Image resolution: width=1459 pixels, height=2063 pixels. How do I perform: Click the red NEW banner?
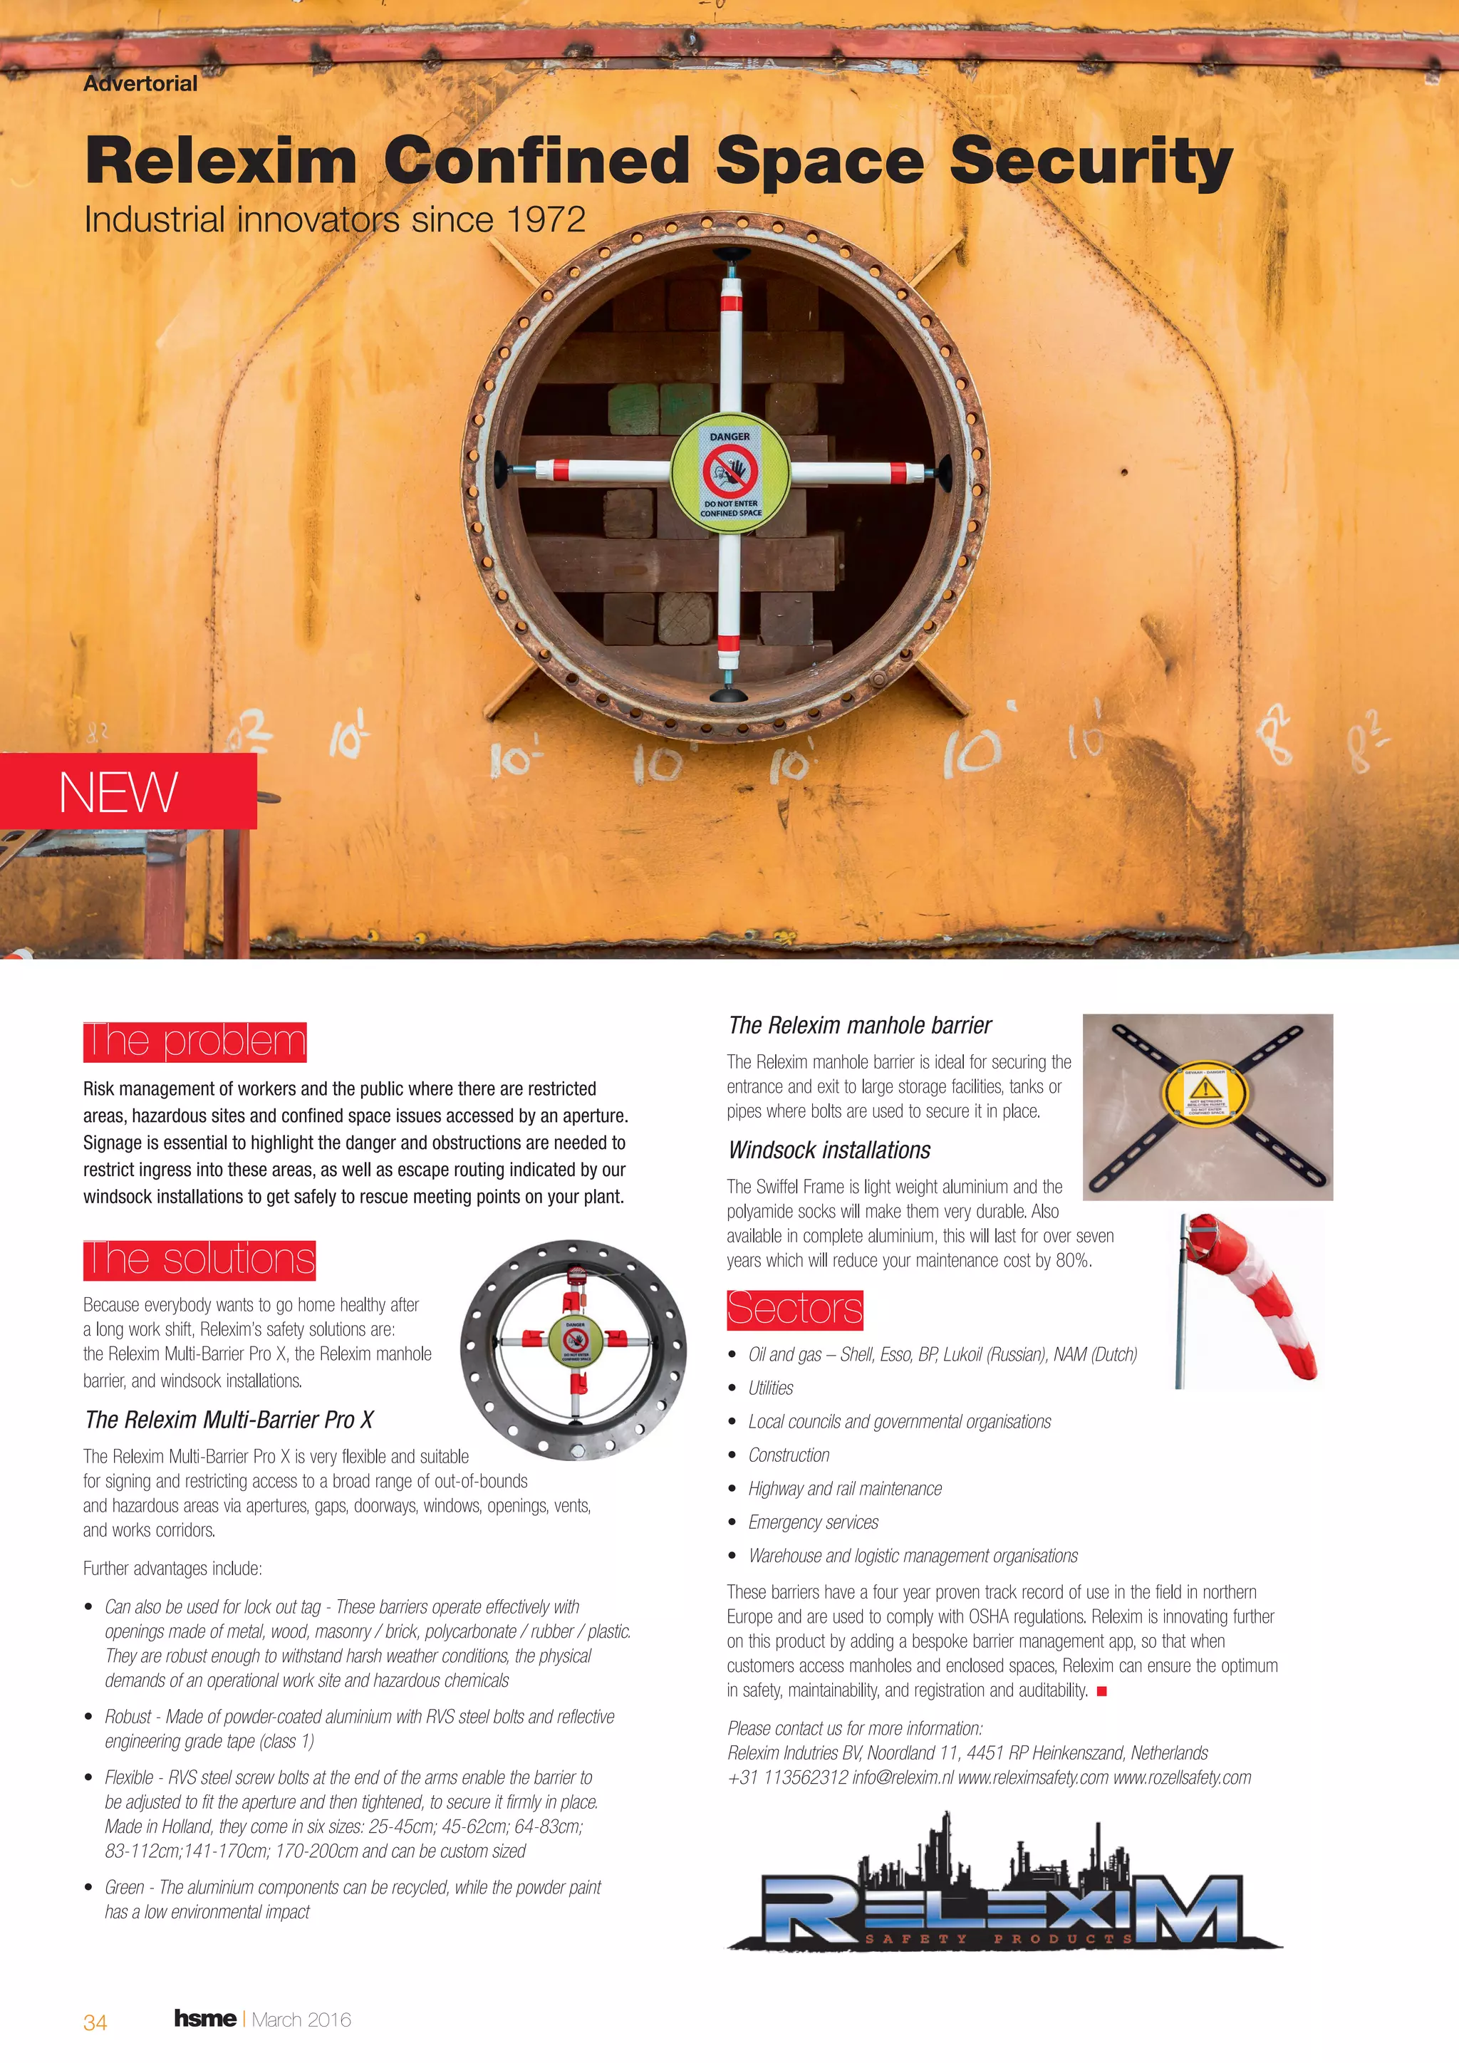point(128,791)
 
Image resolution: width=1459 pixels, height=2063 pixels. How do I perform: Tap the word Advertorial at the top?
point(140,83)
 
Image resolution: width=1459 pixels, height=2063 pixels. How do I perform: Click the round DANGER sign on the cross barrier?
point(729,474)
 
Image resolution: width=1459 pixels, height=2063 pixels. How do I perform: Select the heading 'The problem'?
point(195,1041)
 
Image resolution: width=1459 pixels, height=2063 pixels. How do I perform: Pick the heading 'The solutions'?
point(199,1259)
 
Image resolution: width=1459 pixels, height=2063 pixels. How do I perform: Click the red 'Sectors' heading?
point(794,1309)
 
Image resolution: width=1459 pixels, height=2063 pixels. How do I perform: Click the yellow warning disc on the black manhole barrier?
point(1205,1093)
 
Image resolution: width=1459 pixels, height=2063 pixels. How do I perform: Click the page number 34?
point(95,2022)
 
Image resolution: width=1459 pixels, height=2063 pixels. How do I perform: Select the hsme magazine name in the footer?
point(205,2019)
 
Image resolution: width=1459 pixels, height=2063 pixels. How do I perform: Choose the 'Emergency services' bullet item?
point(813,1522)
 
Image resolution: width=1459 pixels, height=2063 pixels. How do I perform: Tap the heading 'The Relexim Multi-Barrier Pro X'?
point(229,1420)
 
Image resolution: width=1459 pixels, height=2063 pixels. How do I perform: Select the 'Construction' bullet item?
point(789,1455)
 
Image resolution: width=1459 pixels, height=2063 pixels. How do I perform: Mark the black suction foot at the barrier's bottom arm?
point(729,694)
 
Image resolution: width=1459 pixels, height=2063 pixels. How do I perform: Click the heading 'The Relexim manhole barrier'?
point(860,1025)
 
